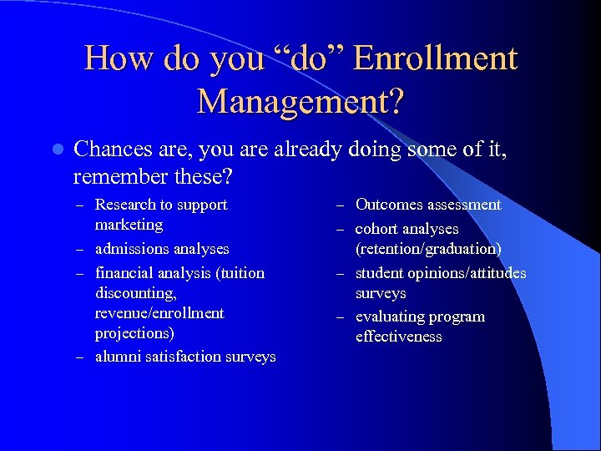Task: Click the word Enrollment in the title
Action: pyautogui.click(x=435, y=58)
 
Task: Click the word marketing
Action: pyautogui.click(x=129, y=225)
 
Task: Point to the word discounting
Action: pyautogui.click(x=132, y=293)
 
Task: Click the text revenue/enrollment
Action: pyautogui.click(x=159, y=313)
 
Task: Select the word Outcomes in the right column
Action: pyautogui.click(x=389, y=205)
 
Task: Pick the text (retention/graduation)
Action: pyautogui.click(x=428, y=249)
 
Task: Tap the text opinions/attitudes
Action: pyautogui.click(x=465, y=273)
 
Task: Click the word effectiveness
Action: pyautogui.click(x=398, y=337)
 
